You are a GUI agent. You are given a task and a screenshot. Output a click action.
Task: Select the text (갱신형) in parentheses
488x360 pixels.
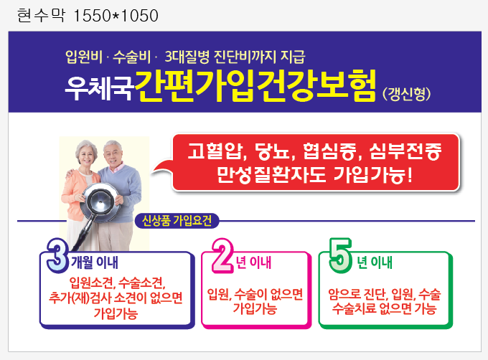[x=407, y=94]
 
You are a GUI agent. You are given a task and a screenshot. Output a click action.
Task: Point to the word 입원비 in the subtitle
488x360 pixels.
[x=84, y=57]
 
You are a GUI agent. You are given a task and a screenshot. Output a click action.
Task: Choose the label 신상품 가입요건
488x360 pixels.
[x=177, y=221]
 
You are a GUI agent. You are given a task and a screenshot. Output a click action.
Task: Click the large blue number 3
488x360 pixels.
[x=57, y=255]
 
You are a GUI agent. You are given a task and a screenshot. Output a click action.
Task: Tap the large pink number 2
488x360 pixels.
[x=222, y=255]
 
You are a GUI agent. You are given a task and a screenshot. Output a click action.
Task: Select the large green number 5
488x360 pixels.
[x=341, y=255]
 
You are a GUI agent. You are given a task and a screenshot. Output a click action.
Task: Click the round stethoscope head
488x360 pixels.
[x=99, y=202]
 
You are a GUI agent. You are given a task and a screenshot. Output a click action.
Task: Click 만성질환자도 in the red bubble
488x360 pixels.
[x=271, y=175]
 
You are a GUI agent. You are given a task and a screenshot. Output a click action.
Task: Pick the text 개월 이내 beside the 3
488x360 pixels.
[x=95, y=262]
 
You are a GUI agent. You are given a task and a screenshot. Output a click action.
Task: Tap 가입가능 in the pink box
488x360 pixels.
[x=255, y=308]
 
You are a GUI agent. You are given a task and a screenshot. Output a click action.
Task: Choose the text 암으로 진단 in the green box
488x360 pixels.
[x=357, y=294]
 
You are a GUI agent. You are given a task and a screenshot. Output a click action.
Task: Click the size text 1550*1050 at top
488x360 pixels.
[x=116, y=16]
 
